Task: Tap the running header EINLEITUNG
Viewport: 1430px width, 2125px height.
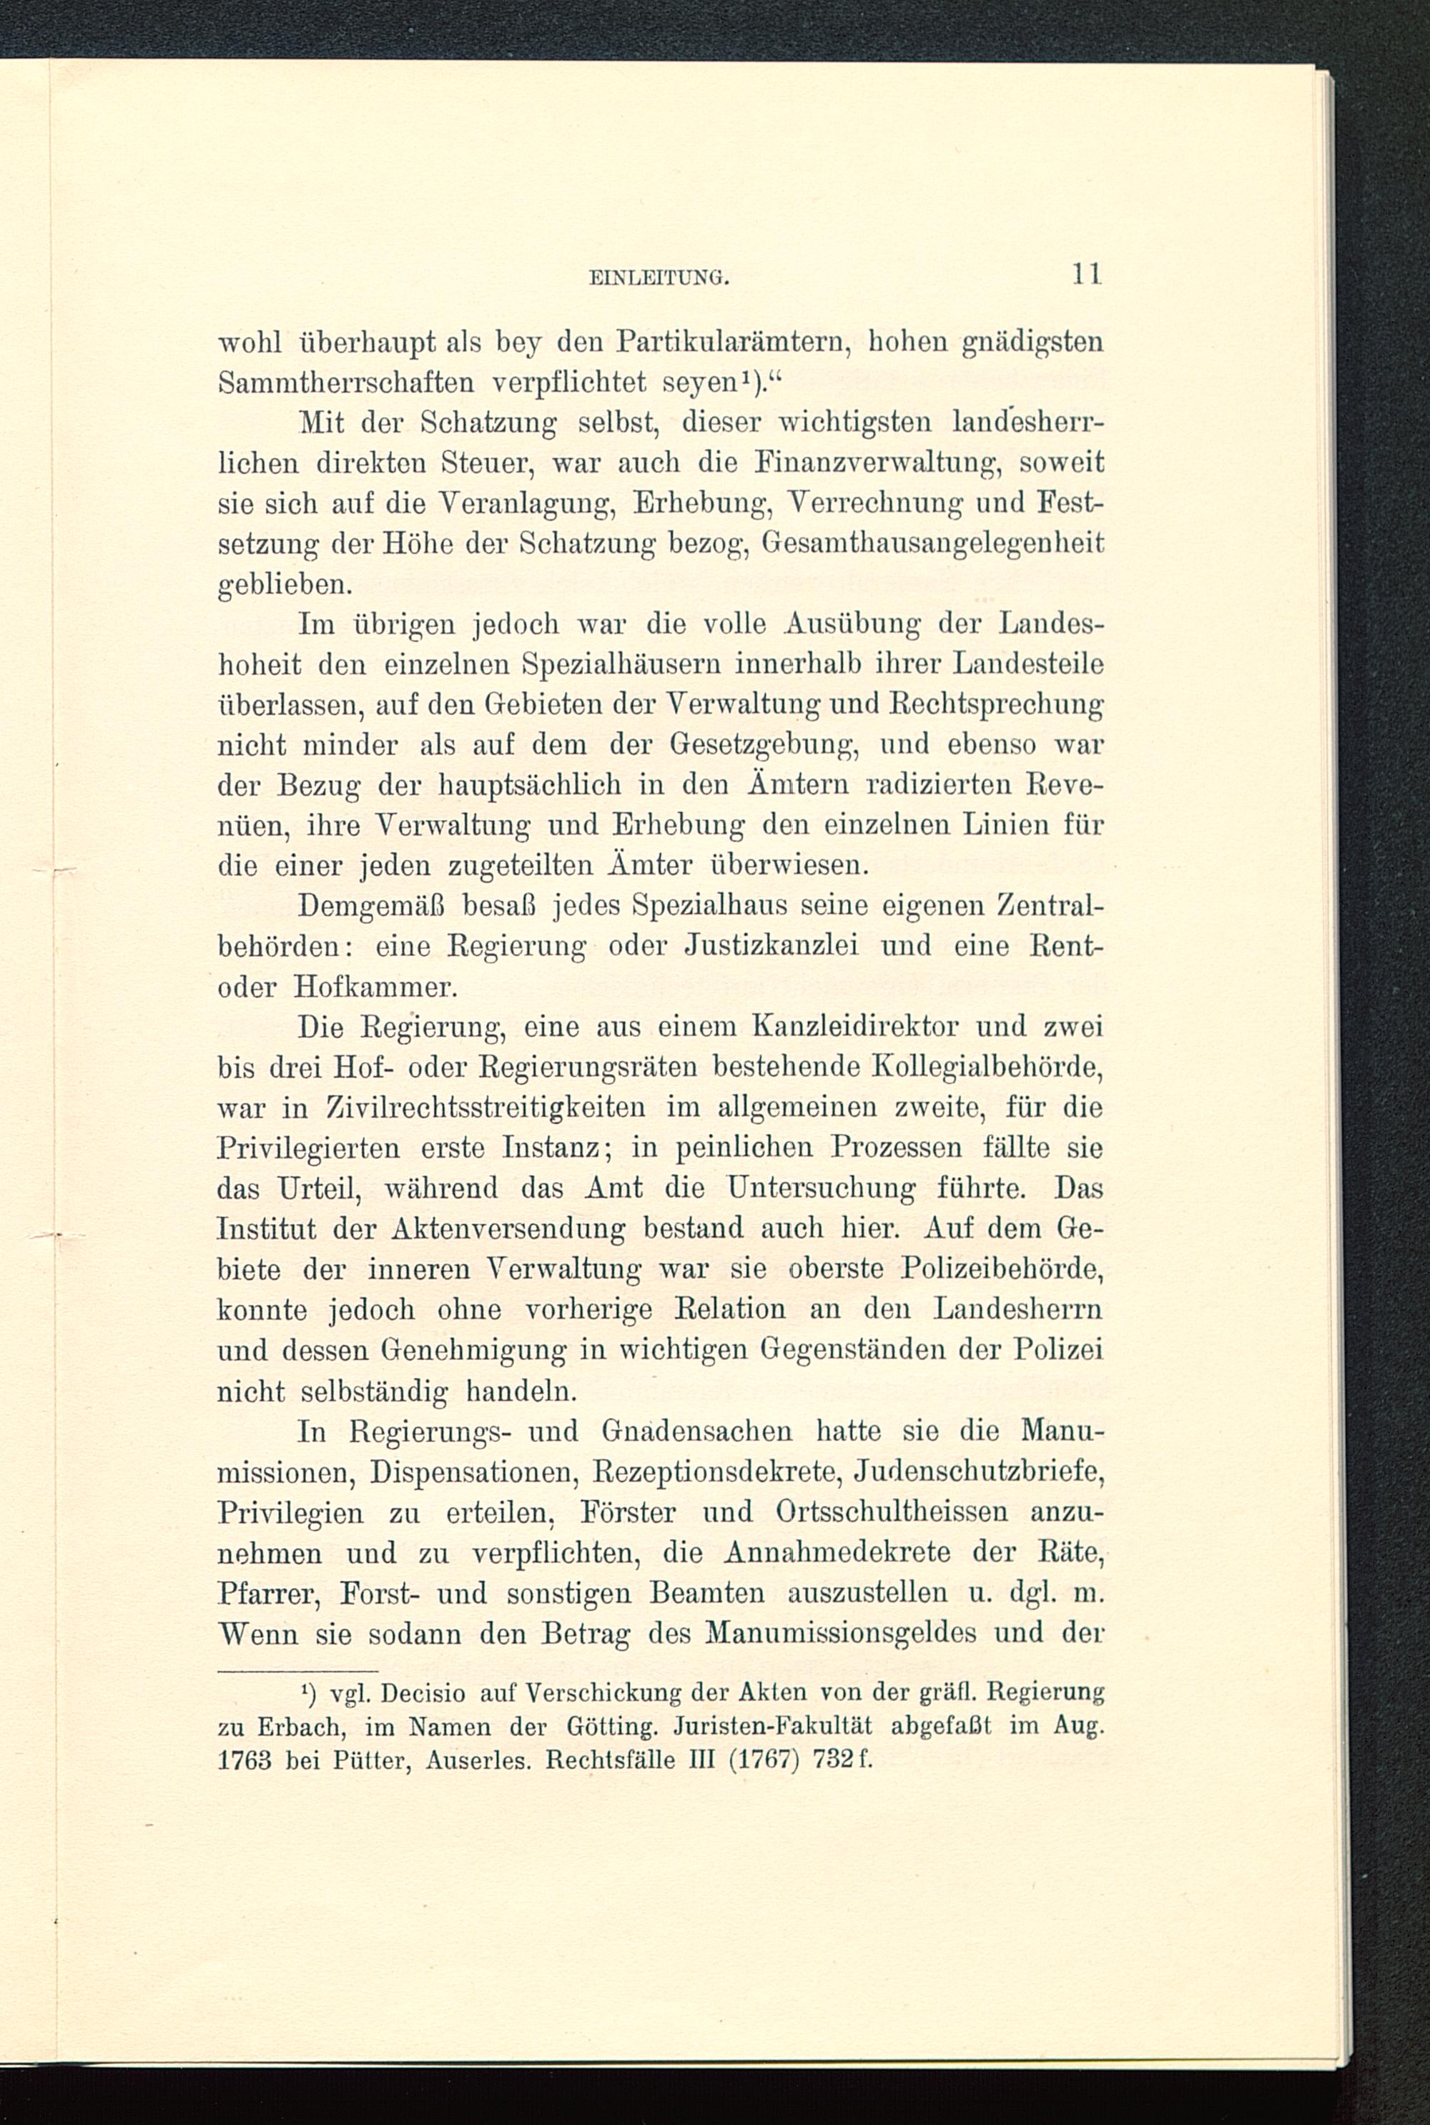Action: pos(659,277)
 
